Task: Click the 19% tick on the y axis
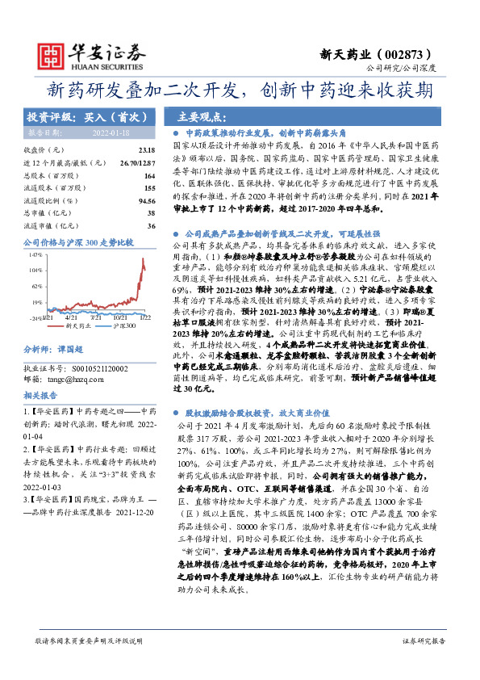click(x=35, y=301)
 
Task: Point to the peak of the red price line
click(x=142, y=261)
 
